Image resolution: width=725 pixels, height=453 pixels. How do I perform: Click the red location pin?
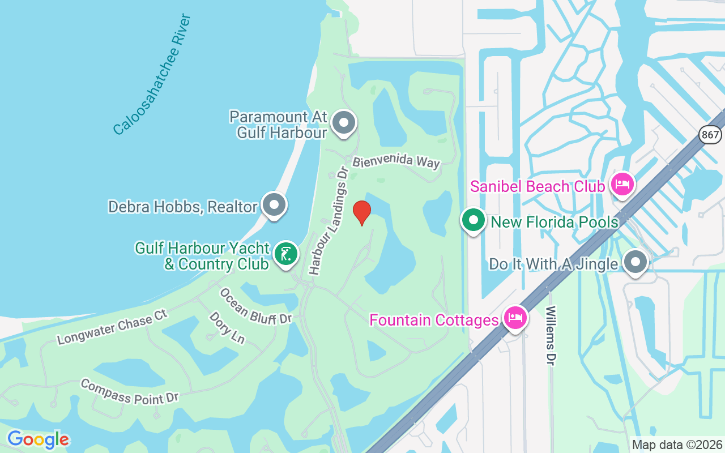click(361, 212)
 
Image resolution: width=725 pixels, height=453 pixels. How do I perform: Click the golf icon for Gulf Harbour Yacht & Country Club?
click(286, 254)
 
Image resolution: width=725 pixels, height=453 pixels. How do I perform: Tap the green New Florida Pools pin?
click(473, 220)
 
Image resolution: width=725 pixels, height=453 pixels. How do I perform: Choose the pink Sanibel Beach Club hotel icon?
click(622, 183)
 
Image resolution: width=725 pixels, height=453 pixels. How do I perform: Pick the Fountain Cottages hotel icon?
click(514, 318)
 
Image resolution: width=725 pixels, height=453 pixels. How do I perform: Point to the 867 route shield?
click(710, 134)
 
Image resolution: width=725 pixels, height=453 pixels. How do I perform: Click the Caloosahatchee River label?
click(152, 75)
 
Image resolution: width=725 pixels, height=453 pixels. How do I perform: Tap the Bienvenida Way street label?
click(396, 161)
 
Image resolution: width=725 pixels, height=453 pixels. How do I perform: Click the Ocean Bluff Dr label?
click(255, 306)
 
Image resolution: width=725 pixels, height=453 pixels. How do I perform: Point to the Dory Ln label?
click(227, 327)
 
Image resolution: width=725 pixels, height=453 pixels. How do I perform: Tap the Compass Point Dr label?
click(130, 391)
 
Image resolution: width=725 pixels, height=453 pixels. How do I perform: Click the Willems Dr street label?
click(551, 336)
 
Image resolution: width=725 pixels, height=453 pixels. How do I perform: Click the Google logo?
click(38, 439)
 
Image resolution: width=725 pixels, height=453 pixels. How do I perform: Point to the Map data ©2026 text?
click(677, 445)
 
